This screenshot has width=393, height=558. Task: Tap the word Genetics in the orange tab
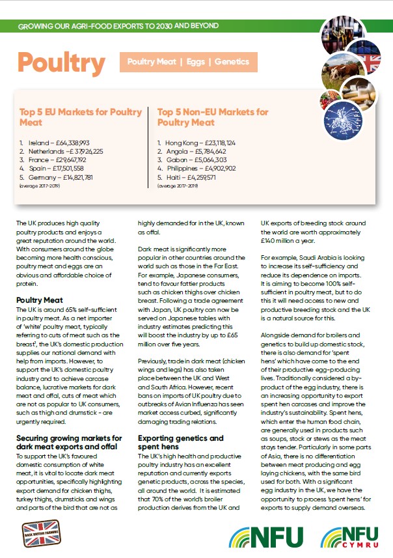click(231, 62)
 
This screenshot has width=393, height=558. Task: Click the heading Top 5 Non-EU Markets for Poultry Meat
click(212, 117)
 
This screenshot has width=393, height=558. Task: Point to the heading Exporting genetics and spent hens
click(182, 443)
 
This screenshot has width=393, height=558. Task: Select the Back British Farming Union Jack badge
click(41, 533)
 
